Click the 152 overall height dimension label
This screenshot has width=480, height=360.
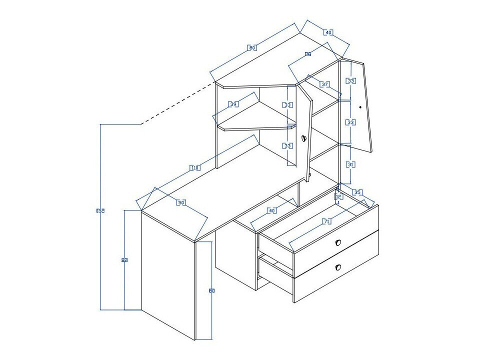(100, 211)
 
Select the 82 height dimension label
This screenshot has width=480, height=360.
(124, 260)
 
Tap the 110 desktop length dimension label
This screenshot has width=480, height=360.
(195, 168)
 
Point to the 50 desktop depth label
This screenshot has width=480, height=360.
(181, 202)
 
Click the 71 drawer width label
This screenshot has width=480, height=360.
(327, 221)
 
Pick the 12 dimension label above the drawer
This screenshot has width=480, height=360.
(338, 197)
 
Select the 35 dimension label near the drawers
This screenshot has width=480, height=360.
(357, 192)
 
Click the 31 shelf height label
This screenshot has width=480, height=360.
(351, 164)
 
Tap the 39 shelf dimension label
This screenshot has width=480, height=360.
(233, 104)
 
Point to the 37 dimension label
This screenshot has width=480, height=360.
(324, 84)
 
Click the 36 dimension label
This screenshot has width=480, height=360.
(308, 54)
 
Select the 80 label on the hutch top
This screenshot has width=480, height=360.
(252, 48)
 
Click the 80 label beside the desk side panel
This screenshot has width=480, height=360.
(211, 290)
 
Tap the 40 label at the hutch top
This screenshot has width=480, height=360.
(328, 32)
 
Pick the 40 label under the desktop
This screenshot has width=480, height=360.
(271, 210)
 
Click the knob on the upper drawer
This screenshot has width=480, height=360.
(338, 242)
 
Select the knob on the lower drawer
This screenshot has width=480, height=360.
(338, 267)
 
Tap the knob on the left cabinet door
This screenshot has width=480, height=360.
(303, 138)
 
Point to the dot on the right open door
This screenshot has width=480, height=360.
(360, 106)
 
